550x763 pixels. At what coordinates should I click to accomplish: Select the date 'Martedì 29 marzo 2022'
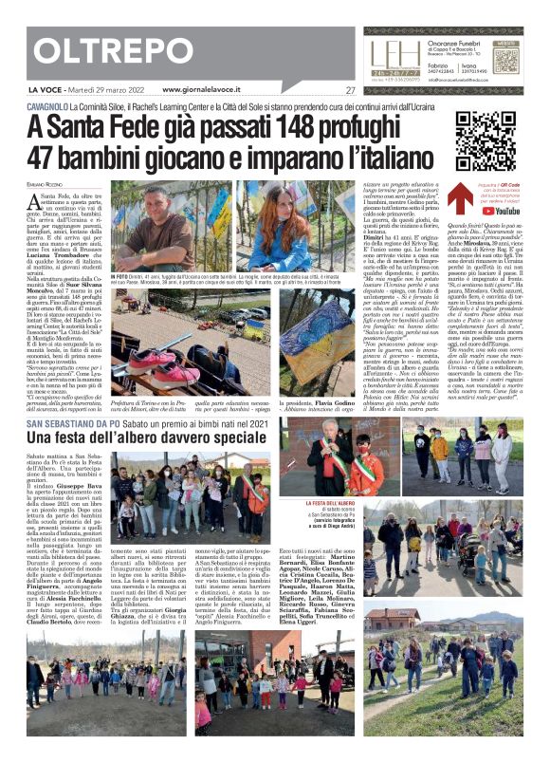(108, 91)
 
